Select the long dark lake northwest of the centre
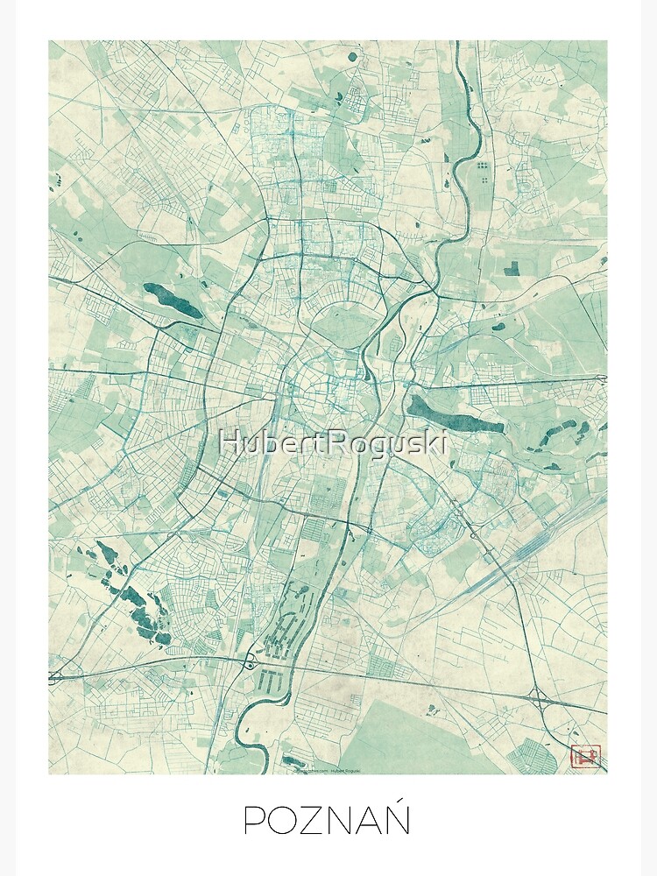(x=173, y=300)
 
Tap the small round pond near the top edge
(x=352, y=57)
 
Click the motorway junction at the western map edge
(x=55, y=676)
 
